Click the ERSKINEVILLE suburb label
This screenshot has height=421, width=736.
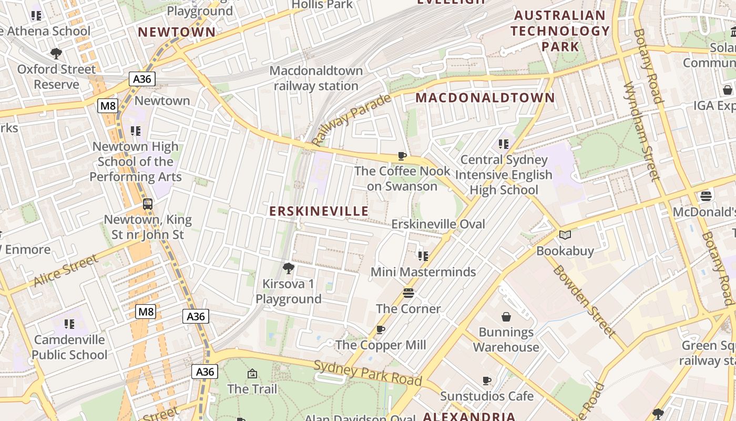click(x=319, y=211)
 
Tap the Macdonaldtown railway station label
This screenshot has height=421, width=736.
click(x=316, y=78)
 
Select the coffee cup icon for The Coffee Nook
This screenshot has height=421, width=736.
click(x=402, y=156)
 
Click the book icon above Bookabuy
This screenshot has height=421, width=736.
click(x=565, y=235)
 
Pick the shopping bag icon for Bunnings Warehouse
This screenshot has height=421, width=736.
click(x=506, y=316)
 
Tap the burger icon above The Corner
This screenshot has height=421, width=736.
click(x=408, y=293)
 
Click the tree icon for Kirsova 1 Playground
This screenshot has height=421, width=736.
click(x=288, y=268)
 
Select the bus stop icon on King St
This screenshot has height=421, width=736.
click(x=148, y=204)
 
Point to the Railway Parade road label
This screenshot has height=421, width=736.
click(x=351, y=119)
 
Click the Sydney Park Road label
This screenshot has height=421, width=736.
click(x=367, y=372)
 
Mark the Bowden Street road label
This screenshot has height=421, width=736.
click(x=583, y=300)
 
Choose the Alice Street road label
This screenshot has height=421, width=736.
click(x=66, y=270)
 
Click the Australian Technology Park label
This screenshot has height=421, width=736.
click(x=560, y=31)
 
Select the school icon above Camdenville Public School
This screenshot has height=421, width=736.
click(x=69, y=324)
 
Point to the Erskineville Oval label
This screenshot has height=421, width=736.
click(x=438, y=224)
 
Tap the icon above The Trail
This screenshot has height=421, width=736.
click(x=252, y=374)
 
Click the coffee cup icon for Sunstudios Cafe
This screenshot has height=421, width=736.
click(x=487, y=380)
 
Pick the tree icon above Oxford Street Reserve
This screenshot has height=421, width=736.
click(x=56, y=53)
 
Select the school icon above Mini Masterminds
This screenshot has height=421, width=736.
click(x=423, y=256)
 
